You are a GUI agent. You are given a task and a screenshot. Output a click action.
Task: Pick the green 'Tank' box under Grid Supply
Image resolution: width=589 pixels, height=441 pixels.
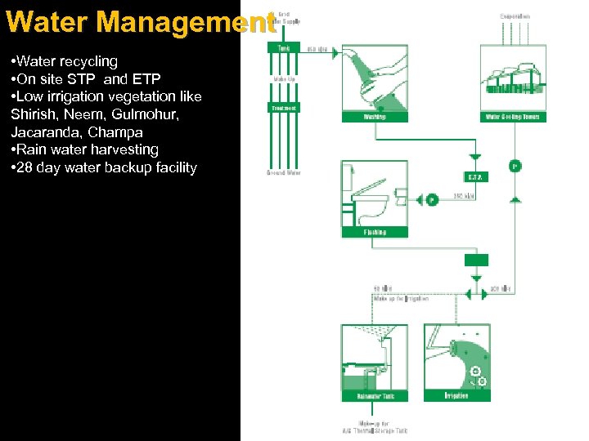pyautogui.click(x=284, y=48)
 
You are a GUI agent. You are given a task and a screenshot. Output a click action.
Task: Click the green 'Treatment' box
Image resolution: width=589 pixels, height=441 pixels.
pyautogui.click(x=284, y=108)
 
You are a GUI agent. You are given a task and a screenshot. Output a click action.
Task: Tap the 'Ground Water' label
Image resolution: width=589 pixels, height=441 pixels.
pyautogui.click(x=283, y=173)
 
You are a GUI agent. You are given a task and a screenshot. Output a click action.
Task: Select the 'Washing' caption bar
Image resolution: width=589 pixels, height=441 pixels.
pyautogui.click(x=374, y=117)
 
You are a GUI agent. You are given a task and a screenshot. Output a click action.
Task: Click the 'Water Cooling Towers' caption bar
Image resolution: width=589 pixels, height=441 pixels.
pyautogui.click(x=512, y=117)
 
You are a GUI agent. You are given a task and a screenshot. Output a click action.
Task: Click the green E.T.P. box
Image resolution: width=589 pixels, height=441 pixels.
pyautogui.click(x=474, y=176)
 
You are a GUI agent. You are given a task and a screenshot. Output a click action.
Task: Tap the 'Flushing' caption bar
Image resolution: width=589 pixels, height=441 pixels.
pyautogui.click(x=374, y=232)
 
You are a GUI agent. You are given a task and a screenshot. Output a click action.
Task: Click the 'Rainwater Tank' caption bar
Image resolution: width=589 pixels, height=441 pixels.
pyautogui.click(x=375, y=396)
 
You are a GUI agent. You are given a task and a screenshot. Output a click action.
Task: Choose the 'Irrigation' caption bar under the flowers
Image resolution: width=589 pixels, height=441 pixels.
pyautogui.click(x=456, y=396)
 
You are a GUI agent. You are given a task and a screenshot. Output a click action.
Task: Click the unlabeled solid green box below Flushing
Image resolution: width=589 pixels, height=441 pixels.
pyautogui.click(x=476, y=260)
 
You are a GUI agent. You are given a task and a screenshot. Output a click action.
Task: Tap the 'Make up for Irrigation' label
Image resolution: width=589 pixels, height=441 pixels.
pyautogui.click(x=401, y=299)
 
